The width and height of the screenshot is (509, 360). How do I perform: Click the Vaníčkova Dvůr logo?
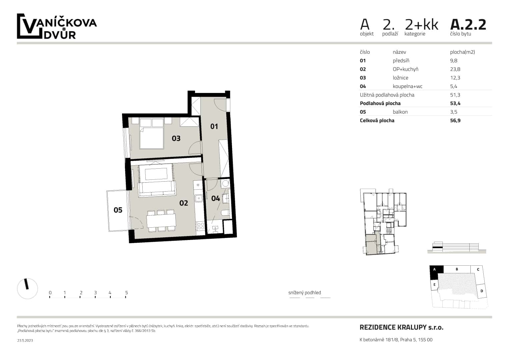(x=57, y=27)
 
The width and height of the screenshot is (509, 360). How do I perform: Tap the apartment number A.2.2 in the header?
(x=468, y=25)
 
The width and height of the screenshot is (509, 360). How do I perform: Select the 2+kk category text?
(x=421, y=25)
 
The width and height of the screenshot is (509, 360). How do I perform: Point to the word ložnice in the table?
(x=400, y=78)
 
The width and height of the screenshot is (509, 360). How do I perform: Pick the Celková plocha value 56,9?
(x=455, y=121)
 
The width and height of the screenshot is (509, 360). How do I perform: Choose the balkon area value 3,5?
(x=453, y=112)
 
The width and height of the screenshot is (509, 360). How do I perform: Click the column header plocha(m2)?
(x=462, y=52)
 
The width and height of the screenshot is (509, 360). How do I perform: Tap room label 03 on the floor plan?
(x=176, y=138)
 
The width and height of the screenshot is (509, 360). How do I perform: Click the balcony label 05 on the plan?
(x=118, y=210)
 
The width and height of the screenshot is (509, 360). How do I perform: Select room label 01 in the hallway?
(x=214, y=126)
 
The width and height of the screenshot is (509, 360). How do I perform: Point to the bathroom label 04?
(x=216, y=199)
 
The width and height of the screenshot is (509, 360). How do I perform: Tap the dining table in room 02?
(x=161, y=220)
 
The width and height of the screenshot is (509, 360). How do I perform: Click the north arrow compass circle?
(x=27, y=288)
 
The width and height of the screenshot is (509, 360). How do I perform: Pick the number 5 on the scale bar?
(x=126, y=293)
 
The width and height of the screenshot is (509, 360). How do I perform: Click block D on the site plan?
(x=481, y=291)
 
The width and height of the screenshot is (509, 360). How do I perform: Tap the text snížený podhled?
(x=304, y=293)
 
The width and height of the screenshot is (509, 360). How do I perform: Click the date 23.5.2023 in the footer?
(x=25, y=340)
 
